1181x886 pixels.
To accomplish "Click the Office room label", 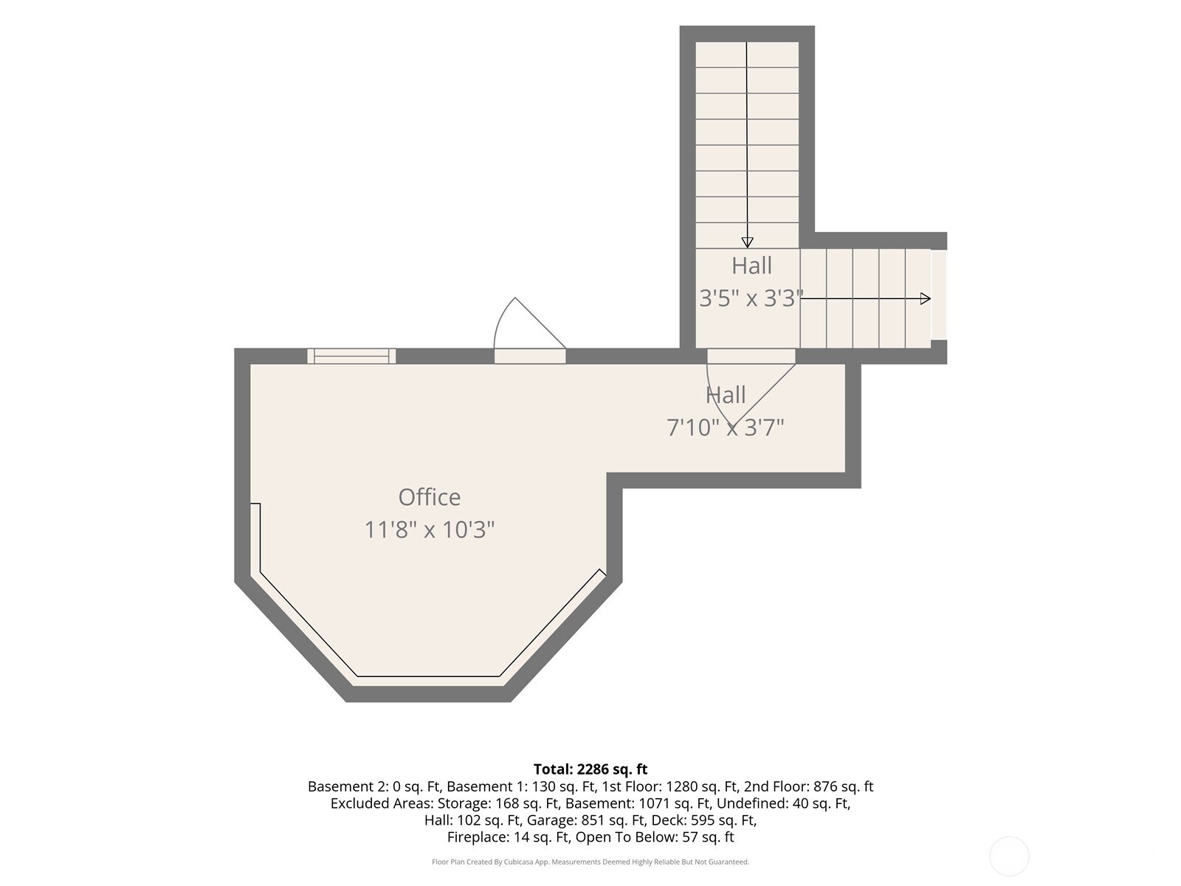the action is point(430,497).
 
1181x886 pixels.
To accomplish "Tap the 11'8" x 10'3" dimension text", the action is point(430,529).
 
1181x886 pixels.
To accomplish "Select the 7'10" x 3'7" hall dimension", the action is point(726,427).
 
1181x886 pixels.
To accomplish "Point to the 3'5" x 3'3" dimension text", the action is point(751,298).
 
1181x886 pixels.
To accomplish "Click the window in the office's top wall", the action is point(351,356).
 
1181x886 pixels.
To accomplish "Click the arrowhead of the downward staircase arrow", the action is point(747,242).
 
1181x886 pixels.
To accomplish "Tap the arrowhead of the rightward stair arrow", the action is point(926,298).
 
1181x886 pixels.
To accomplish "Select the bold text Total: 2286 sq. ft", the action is point(590,769).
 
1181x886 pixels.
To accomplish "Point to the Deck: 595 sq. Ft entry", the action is point(704,820).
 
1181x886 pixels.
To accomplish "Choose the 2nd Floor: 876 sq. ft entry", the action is point(809,786).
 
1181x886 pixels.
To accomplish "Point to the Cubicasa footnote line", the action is point(590,862).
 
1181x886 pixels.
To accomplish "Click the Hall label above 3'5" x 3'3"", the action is point(751,265).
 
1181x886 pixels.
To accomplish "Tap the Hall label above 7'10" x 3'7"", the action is point(726,395).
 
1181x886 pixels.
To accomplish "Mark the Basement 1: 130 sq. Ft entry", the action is point(521,786).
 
